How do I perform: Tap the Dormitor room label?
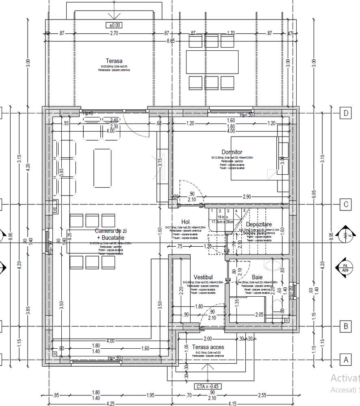tap(232, 152)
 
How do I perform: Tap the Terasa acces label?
tap(208, 347)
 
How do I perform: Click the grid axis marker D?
tap(346, 113)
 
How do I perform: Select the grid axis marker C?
tap(346, 204)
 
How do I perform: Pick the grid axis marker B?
tap(346, 326)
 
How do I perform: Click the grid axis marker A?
tap(346, 360)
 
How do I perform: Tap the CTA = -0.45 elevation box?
tap(208, 386)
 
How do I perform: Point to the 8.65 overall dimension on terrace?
tap(170, 41)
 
